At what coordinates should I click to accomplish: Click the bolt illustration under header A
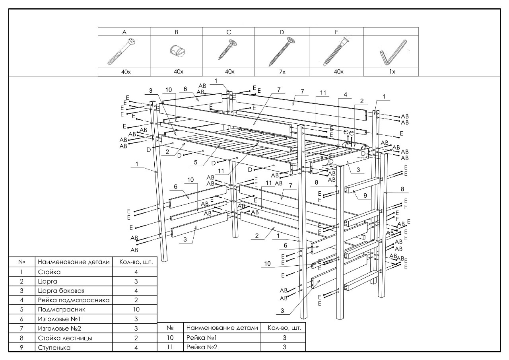pos(124,52)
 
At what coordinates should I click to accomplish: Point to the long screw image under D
pos(282,52)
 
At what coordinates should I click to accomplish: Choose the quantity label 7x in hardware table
pos(282,72)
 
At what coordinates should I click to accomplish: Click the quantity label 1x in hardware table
pos(391,72)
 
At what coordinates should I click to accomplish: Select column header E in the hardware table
pos(336,31)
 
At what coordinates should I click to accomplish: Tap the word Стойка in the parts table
pos(48,273)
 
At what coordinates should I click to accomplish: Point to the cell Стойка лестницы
pos(60,338)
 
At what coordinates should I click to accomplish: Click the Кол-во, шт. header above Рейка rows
pos(283,328)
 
